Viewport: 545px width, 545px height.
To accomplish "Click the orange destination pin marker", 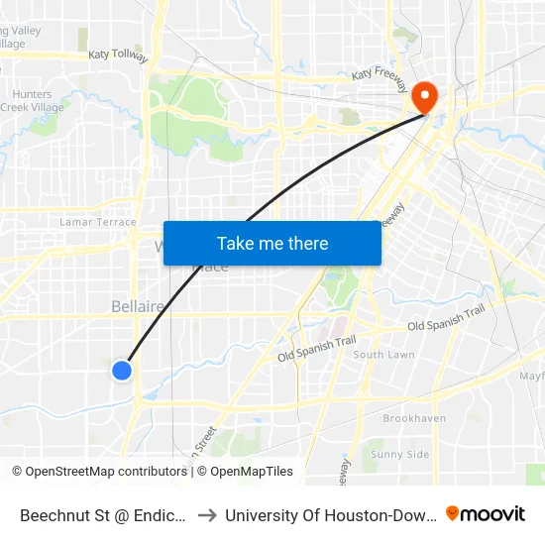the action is pos(425,96).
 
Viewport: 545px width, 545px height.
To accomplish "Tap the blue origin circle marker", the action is pos(121,371).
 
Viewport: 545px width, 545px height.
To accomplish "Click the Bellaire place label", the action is pos(138,307).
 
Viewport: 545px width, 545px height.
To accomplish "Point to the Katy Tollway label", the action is pos(118,56).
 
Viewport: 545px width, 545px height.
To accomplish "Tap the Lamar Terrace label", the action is pos(98,222).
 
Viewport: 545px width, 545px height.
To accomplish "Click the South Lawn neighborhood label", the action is pos(383,355).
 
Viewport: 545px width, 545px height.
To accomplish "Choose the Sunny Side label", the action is pos(399,454).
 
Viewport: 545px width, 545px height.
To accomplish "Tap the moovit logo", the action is pos(486,514).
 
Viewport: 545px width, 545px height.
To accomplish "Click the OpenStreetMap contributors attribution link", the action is pos(105,472).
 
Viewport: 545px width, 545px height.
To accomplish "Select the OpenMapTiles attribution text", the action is pos(252,472).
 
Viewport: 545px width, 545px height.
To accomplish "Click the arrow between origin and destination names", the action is pos(208,514).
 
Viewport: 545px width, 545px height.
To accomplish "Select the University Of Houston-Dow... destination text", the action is pos(328,514).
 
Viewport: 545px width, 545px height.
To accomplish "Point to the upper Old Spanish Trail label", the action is pos(446,317).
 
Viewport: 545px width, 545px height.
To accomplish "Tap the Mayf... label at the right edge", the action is pos(532,377).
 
